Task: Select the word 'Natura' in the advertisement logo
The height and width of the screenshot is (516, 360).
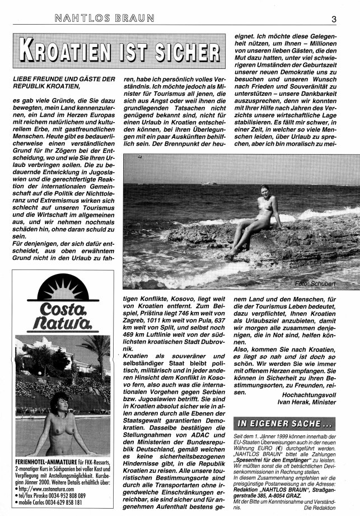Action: (61, 324)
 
